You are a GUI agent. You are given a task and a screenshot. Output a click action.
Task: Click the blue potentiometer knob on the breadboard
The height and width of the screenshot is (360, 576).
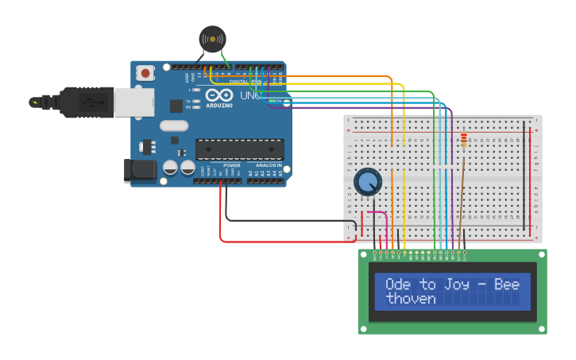pyautogui.click(x=367, y=182)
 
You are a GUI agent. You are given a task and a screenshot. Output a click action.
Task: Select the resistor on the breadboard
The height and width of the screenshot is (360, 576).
pyautogui.click(x=464, y=141)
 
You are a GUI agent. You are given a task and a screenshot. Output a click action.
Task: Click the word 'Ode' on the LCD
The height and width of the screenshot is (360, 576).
pyautogui.click(x=397, y=285)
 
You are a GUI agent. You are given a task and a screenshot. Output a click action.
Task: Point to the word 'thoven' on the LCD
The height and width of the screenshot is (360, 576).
pyautogui.click(x=411, y=299)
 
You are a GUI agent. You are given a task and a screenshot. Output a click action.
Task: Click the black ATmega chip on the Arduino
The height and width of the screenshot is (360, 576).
pyautogui.click(x=239, y=149)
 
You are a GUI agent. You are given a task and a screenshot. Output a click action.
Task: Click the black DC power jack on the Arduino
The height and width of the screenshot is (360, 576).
pyautogui.click(x=140, y=171)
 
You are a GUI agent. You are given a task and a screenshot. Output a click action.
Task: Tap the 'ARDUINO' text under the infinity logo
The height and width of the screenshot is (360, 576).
pyautogui.click(x=219, y=106)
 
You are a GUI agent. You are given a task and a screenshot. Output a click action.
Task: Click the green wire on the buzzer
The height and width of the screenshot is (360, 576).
pyautogui.click(x=225, y=60)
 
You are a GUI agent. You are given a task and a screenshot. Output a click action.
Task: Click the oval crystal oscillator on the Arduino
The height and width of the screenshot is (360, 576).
pyautogui.click(x=173, y=126)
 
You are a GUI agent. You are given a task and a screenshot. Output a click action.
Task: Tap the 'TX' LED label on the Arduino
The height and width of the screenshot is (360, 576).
pyautogui.click(x=188, y=102)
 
